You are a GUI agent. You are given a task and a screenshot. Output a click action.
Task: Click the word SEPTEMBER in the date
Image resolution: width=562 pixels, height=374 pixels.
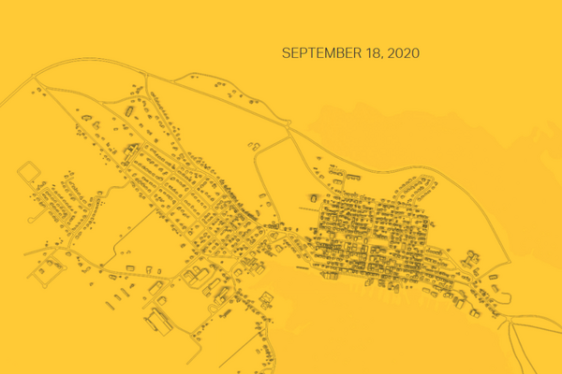click(318, 53)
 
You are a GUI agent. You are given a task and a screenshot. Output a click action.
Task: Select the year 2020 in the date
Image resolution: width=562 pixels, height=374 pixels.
click(401, 53)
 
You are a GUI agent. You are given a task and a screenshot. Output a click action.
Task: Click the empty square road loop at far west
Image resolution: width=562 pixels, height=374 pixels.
click(29, 173)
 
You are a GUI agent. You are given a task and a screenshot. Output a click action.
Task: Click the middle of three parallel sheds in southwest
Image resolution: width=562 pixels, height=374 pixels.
click(44, 271)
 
